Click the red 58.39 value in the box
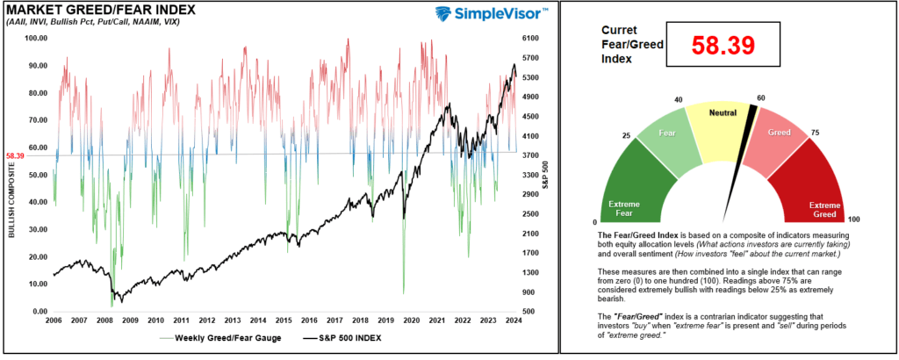pyautogui.click(x=723, y=47)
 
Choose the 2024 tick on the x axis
pyautogui.click(x=508, y=321)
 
